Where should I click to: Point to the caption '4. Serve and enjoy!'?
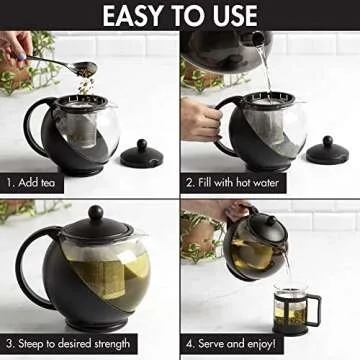[242, 343]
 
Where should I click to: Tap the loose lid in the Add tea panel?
[141, 155]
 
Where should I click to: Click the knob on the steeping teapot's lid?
[95, 213]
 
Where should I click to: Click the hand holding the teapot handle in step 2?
[200, 118]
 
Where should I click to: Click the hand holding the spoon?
[14, 48]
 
